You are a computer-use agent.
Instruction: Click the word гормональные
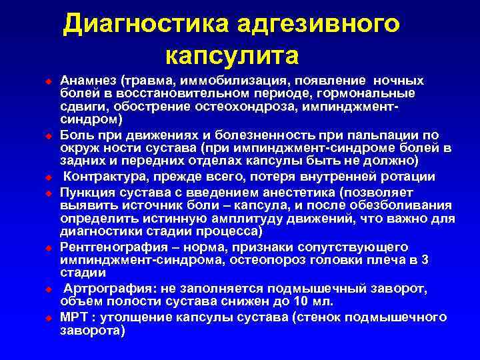(x=371, y=93)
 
